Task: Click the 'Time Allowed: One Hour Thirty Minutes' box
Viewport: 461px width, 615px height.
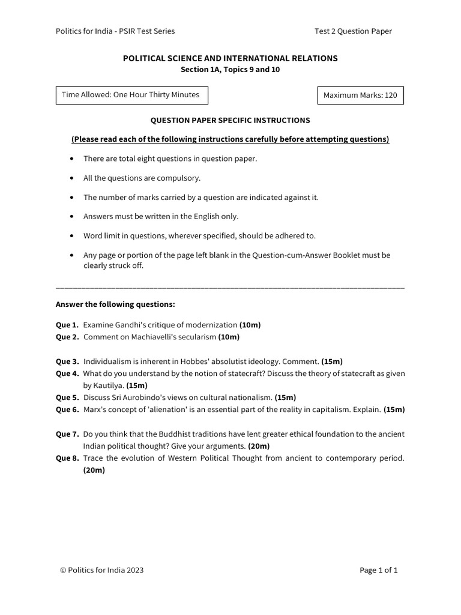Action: (x=128, y=95)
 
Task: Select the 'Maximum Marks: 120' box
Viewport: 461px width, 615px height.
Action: (x=360, y=95)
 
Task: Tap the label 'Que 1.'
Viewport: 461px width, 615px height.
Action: (x=67, y=325)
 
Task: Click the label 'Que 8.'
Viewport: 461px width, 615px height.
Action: (x=67, y=458)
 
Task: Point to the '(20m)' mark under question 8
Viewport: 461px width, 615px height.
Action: (x=94, y=470)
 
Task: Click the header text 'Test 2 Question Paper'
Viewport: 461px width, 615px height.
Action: (x=353, y=31)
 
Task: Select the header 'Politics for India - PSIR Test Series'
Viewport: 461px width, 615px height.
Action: (x=115, y=31)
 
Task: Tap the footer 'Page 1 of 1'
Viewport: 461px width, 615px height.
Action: (x=379, y=571)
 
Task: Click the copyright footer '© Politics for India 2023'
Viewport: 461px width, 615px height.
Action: (x=101, y=571)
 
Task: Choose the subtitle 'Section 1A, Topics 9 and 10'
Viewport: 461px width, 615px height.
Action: (x=230, y=70)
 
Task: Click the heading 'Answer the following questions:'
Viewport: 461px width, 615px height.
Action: (x=115, y=304)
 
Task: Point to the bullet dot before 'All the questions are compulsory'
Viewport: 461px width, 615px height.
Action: (x=73, y=178)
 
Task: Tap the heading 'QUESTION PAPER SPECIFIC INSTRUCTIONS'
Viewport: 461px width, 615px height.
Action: (x=230, y=121)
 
